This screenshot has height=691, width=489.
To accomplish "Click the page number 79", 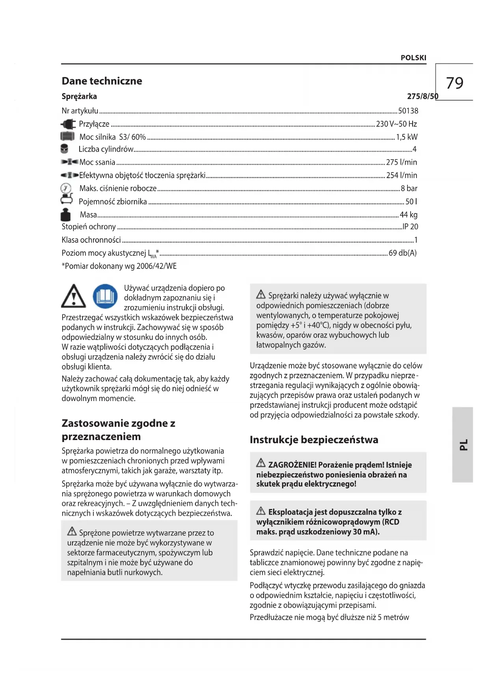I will click(x=455, y=83).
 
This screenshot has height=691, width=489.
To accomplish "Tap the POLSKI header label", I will click(x=413, y=58).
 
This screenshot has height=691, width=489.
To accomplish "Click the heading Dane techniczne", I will click(x=102, y=81).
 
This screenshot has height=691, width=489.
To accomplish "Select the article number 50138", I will click(x=408, y=111).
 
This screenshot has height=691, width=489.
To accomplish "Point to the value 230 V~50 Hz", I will click(x=396, y=124).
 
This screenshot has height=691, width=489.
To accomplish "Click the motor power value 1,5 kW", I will click(x=407, y=137).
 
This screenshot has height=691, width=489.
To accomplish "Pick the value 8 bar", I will click(x=409, y=188).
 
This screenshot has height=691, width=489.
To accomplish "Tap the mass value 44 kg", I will click(x=409, y=215).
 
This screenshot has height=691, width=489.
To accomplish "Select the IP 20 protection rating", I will click(x=410, y=227).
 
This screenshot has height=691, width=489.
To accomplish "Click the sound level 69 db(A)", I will click(x=403, y=253).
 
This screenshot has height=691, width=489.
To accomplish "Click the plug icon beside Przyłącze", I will click(x=68, y=124).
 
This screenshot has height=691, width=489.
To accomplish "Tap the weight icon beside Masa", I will click(x=65, y=215).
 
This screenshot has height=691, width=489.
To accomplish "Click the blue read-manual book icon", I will click(x=105, y=296).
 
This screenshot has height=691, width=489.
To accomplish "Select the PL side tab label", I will click(x=463, y=444).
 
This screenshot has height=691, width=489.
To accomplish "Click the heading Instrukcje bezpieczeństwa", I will click(x=314, y=440).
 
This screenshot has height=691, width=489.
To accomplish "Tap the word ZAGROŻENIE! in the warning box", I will click(x=292, y=465).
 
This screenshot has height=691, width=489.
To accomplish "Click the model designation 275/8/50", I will click(x=422, y=97).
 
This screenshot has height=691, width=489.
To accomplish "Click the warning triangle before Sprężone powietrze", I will click(x=72, y=531).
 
